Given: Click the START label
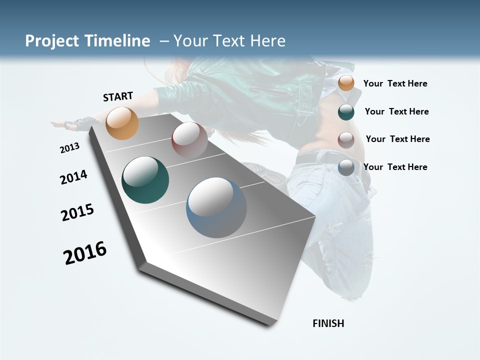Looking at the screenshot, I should pyautogui.click(x=118, y=96).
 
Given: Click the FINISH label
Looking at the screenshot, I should pyautogui.click(x=328, y=323).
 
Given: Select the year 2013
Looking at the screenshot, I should pyautogui.click(x=69, y=148).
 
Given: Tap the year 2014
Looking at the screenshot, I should pyautogui.click(x=73, y=177).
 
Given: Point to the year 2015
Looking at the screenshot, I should pyautogui.click(x=77, y=212).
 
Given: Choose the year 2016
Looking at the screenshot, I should pyautogui.click(x=85, y=253).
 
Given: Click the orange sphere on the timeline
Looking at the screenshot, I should pyautogui.click(x=122, y=123).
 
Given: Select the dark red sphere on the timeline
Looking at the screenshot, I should pyautogui.click(x=189, y=140).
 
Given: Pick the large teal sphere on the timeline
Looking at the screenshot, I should pyautogui.click(x=145, y=180).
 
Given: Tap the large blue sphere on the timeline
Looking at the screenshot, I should pyautogui.click(x=216, y=207).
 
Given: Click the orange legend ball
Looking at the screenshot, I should pyautogui.click(x=346, y=83).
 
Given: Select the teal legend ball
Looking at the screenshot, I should pyautogui.click(x=346, y=112).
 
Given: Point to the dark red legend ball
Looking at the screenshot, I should pyautogui.click(x=346, y=139).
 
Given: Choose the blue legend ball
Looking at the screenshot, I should pyautogui.click(x=346, y=167).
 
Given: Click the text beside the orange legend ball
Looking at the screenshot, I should pyautogui.click(x=395, y=84).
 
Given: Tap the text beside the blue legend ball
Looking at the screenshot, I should pyautogui.click(x=395, y=167).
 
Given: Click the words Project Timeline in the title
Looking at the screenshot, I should pyautogui.click(x=87, y=41).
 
